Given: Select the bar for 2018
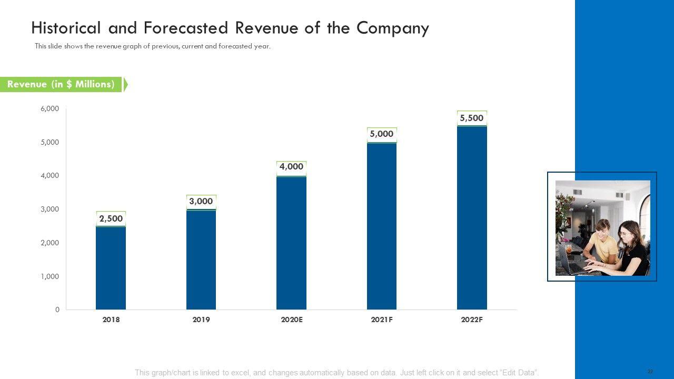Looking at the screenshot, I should (x=111, y=268).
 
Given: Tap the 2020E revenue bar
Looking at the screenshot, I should (x=291, y=243).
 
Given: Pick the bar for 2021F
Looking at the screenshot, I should (x=382, y=226).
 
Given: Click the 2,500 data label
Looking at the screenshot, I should (x=111, y=218).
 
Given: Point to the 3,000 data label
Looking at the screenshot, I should (x=201, y=201).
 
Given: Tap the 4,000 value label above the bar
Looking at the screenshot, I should (x=291, y=167).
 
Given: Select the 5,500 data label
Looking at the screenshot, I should (x=472, y=118).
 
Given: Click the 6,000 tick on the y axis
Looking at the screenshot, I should (x=50, y=108).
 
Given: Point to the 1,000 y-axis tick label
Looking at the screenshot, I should (x=50, y=276).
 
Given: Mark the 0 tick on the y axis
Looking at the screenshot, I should (x=57, y=310).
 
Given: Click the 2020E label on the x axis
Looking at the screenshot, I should (x=291, y=320).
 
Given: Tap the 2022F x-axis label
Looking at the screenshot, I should (x=472, y=320).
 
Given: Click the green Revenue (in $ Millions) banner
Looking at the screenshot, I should (x=61, y=84).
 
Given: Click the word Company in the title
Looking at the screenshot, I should (x=392, y=28).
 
